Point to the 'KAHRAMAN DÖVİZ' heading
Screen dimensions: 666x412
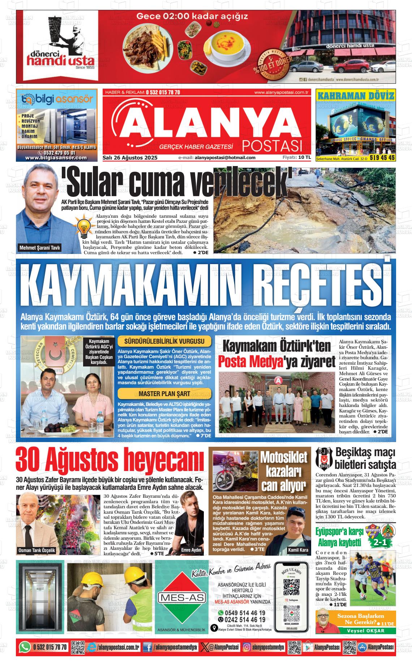pos(355,96)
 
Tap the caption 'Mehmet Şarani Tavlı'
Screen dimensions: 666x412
pos(40,248)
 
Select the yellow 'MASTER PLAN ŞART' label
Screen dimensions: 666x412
pos(164,394)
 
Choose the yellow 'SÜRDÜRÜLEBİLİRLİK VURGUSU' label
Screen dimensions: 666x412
pos(164,342)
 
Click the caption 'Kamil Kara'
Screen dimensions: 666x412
pos(298,550)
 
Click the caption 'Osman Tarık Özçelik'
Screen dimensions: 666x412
pos(37,550)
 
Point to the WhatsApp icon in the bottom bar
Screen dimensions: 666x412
pos(25,646)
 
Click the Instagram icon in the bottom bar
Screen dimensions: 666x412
pos(247,647)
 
